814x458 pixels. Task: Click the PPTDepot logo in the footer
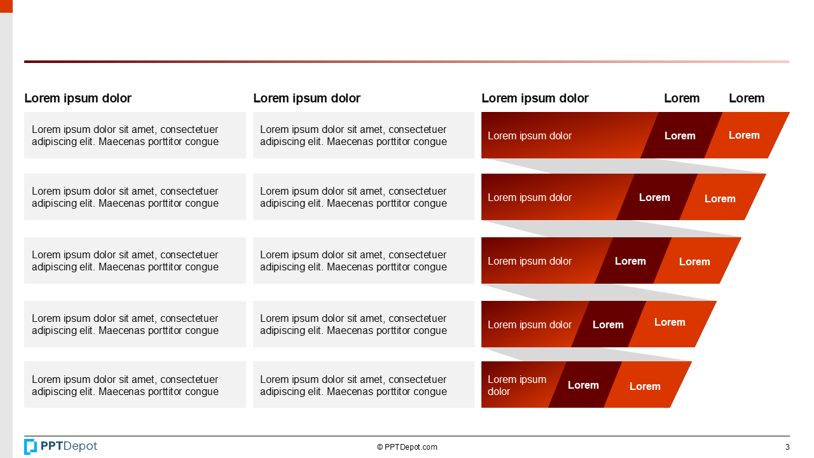60,447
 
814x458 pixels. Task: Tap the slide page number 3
787,447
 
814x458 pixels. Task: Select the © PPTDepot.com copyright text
407,447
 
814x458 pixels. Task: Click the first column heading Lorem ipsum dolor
78,98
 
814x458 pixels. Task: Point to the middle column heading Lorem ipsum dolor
307,98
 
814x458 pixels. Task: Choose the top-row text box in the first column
135,135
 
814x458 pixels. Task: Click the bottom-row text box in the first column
135,385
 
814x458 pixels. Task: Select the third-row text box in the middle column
363,261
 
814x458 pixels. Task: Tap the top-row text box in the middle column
363,135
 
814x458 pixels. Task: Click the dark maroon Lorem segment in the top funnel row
680,135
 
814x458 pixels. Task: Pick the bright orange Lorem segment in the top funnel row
745,135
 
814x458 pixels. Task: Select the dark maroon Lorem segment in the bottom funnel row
583,385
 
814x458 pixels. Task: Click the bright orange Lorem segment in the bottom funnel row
645,386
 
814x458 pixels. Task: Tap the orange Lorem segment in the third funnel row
695,261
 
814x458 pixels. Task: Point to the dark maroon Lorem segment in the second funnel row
655,197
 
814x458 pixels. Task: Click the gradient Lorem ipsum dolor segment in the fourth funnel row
530,324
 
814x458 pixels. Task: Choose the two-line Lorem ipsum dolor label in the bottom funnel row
516,385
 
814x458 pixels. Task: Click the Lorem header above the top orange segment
747,98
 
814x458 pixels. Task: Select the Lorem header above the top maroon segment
682,98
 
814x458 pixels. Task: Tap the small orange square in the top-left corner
6,6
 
